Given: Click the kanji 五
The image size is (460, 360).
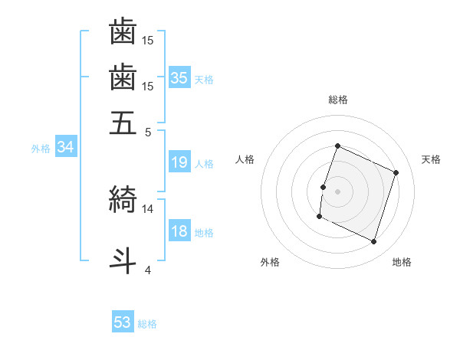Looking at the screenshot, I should coord(123,123).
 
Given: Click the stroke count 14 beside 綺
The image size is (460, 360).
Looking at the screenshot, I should coord(148,208).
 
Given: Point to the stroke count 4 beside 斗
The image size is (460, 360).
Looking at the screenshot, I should coord(148,269).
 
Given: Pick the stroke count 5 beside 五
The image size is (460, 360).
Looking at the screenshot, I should coord(148,131).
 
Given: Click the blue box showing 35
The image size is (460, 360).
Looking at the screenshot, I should coord(179,78).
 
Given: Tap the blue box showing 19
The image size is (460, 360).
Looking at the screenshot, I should coord(179,162).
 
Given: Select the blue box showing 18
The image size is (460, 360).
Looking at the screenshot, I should coord(179,232).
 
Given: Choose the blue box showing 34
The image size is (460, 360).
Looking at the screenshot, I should coord(65,148).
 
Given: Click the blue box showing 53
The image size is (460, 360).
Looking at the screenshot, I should coord(123,322).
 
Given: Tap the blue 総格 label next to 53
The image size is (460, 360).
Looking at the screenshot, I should coord(147,324).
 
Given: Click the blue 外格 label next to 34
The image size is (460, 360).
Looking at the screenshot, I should coord(41,149).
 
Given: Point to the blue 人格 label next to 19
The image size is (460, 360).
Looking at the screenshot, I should coord(204,164).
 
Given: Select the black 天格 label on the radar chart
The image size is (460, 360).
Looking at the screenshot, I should coord(432,159).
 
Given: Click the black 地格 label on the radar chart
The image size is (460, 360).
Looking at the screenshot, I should coord(402,262).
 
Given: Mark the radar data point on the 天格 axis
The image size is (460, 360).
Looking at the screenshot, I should coord(396,172).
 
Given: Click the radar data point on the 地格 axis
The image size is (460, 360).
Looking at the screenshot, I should coord(373,242).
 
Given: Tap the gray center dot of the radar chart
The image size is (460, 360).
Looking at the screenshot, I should coord(337,191).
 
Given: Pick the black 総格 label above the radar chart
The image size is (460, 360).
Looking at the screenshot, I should coord(337,100).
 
